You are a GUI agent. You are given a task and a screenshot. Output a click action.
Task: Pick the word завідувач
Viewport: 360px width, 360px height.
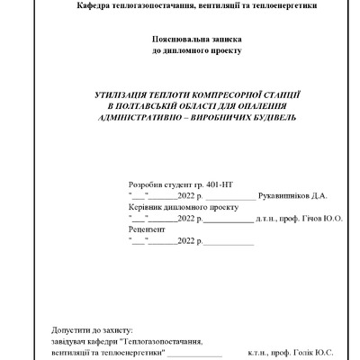(x=73, y=342)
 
